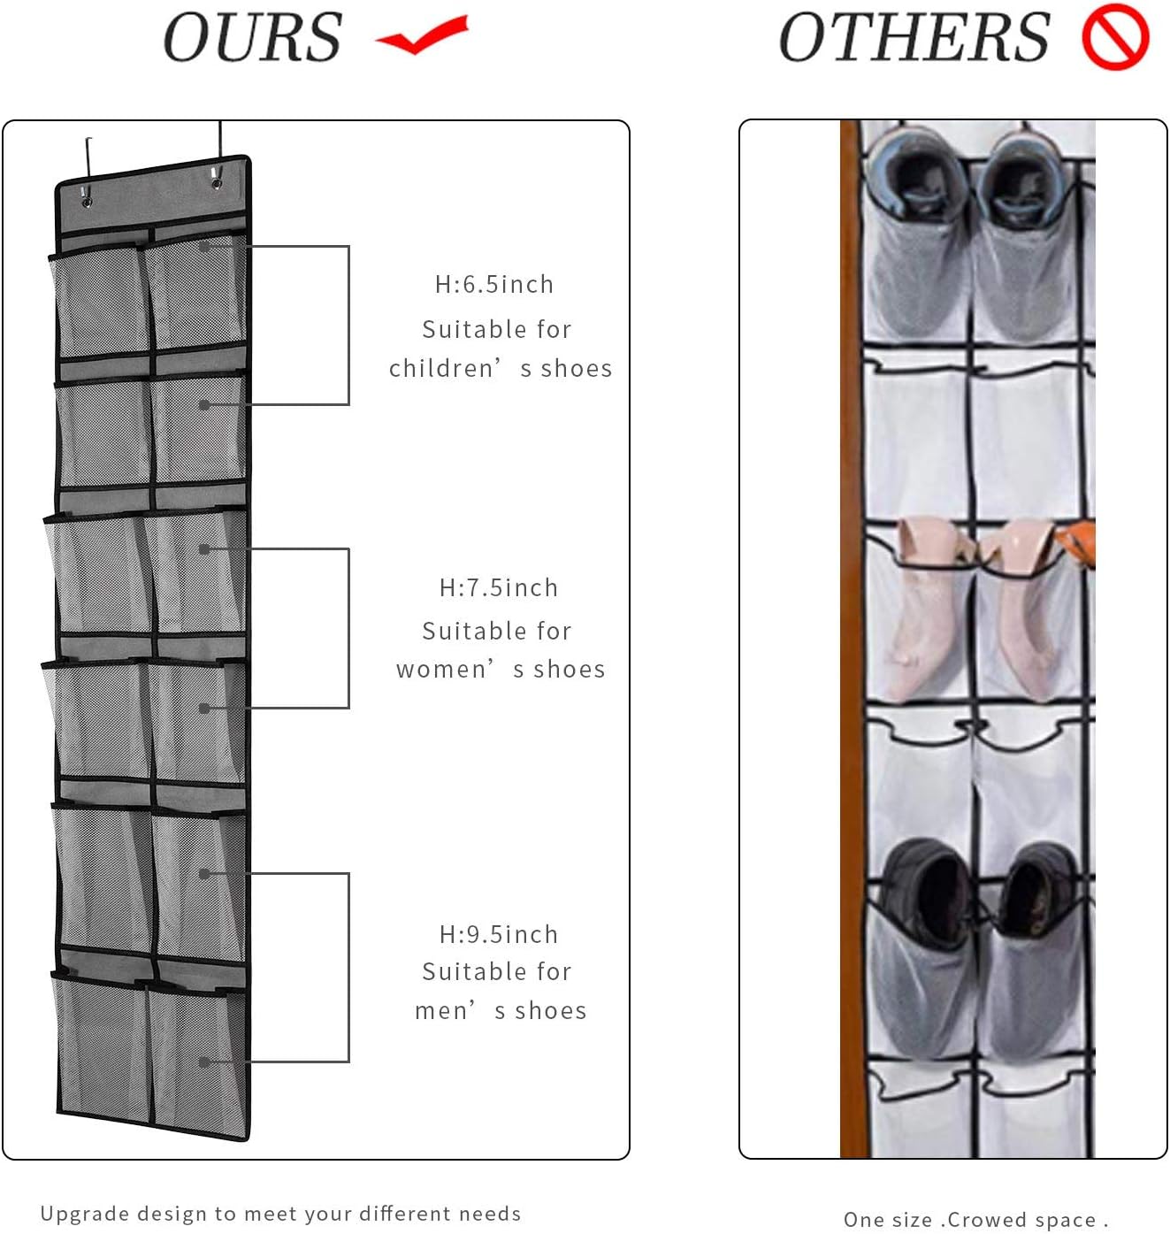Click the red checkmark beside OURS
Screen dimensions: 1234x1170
pyautogui.click(x=422, y=35)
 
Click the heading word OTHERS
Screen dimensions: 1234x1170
pyautogui.click(x=914, y=37)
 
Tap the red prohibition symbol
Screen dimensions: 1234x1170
pyautogui.click(x=1115, y=37)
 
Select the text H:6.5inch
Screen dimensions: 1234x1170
pyautogui.click(x=494, y=285)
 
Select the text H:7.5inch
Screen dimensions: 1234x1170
pyautogui.click(x=499, y=588)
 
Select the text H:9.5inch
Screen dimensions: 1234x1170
pyautogui.click(x=499, y=935)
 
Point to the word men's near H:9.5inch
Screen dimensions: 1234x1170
pyautogui.click(x=447, y=1011)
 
